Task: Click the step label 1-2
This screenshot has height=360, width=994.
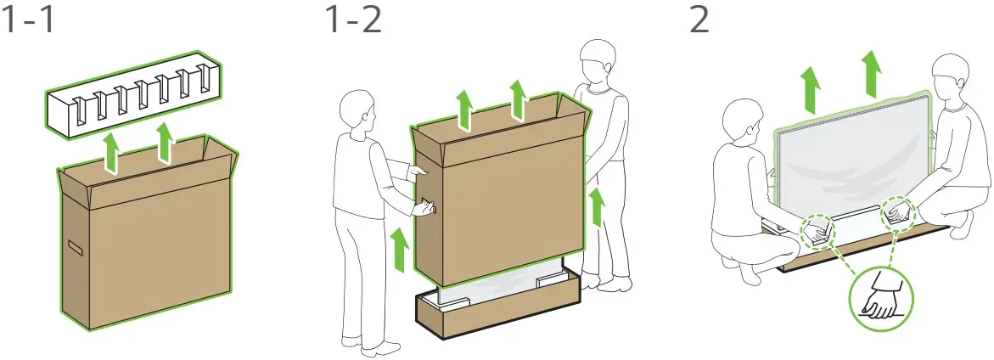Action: (352, 21)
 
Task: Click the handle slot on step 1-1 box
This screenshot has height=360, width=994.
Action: (76, 248)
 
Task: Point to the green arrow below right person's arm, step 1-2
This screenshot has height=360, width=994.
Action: (598, 209)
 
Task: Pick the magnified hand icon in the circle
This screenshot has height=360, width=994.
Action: (881, 295)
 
